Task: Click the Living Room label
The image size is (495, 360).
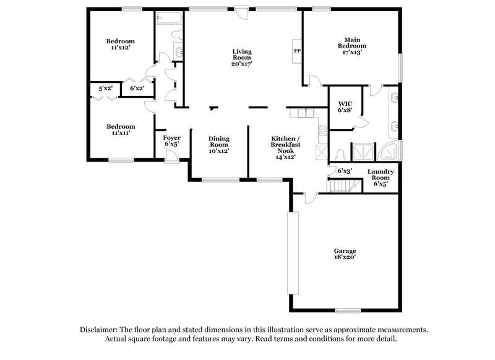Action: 242,57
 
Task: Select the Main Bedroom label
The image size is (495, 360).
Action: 351,46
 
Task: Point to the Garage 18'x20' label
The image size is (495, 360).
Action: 345,255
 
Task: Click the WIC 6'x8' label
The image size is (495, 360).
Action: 344,106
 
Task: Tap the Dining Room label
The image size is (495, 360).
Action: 218,145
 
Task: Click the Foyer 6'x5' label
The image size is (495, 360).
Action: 171,140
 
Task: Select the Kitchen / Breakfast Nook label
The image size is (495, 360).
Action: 285,147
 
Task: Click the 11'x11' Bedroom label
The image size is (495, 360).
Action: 121,129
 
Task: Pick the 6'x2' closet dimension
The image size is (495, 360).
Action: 137,88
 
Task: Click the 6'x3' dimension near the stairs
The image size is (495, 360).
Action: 345,171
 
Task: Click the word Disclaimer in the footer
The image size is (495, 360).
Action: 101,330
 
